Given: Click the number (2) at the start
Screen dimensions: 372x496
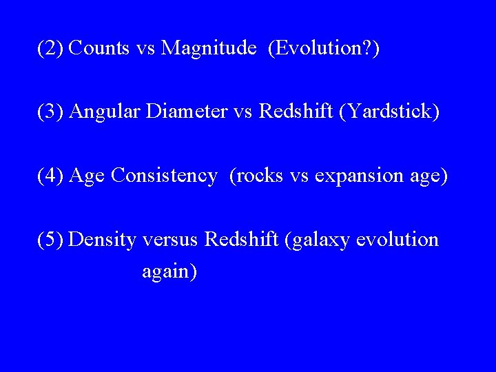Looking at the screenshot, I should point(51,48).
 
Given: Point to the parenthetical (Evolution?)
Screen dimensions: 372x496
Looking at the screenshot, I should point(324,48).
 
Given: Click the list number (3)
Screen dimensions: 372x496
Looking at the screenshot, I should point(51,112).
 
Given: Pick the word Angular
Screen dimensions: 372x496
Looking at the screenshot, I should point(105,112).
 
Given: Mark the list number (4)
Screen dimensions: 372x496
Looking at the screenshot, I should point(51,176).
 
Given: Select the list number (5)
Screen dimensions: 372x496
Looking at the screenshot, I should point(51,239).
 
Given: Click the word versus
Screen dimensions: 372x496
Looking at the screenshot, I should point(171,239).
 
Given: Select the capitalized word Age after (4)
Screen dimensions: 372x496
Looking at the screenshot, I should point(87,176).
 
